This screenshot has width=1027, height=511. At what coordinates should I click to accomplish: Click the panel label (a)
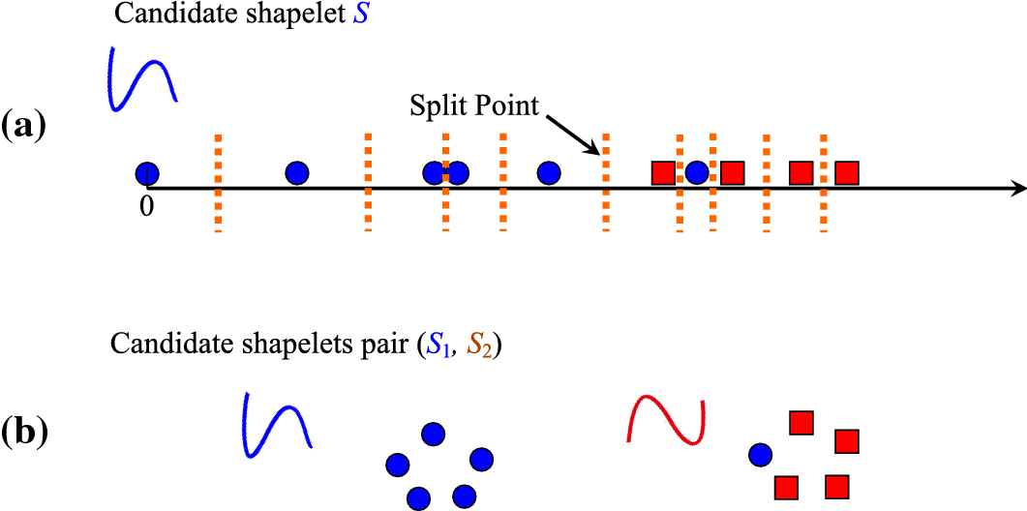[x=23, y=126]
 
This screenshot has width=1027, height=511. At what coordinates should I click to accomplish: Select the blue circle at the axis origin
[x=146, y=173]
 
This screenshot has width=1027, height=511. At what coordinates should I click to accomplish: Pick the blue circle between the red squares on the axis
[x=697, y=173]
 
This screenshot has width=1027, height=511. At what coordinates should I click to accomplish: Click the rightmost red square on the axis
[x=847, y=173]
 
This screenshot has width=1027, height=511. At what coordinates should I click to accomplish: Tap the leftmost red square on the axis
[x=663, y=173]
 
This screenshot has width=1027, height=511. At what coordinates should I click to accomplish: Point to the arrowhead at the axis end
[x=1016, y=187]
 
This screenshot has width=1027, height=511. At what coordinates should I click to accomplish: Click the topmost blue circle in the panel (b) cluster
[x=433, y=435]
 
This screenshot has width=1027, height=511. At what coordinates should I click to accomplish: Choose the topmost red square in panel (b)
[x=800, y=423]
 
